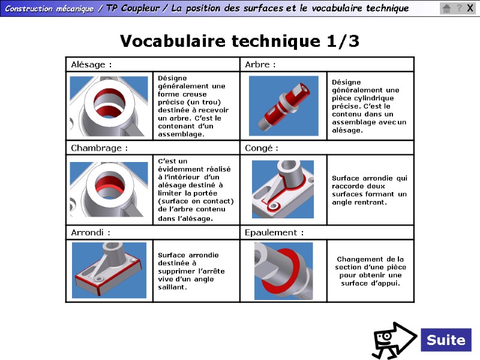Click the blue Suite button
(446, 340)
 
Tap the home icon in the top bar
(446, 8)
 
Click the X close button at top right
(470, 8)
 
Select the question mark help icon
(459, 8)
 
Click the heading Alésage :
(91, 64)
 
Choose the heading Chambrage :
(99, 148)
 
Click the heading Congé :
(262, 148)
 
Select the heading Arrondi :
(91, 232)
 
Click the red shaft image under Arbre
(283, 106)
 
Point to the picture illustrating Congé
(283, 189)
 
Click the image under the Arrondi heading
(109, 270)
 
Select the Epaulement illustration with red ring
(283, 271)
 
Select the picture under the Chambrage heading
(109, 189)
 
